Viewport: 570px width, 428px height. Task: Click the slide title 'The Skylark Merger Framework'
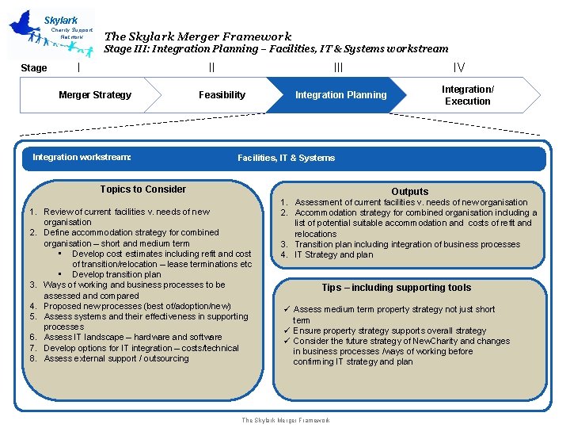198,36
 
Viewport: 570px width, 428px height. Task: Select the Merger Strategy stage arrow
95,95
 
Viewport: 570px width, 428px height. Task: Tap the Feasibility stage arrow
222,95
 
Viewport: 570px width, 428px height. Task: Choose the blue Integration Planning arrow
340,95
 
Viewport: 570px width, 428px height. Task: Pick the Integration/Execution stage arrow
467,95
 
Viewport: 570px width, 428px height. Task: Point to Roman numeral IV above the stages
459,68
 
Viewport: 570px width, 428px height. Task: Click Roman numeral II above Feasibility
211,68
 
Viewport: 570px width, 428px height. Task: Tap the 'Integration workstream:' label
82,157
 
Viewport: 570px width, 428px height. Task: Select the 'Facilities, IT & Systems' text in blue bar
286,158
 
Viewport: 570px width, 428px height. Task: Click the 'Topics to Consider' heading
143,189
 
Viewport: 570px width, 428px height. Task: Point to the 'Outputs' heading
410,191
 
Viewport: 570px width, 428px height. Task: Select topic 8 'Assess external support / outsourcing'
116,358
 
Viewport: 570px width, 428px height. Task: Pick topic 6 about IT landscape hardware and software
132,337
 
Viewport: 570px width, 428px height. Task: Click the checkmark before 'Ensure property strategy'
287,331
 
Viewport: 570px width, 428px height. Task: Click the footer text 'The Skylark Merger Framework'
285,420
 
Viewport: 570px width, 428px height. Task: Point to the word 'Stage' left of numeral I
33,68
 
